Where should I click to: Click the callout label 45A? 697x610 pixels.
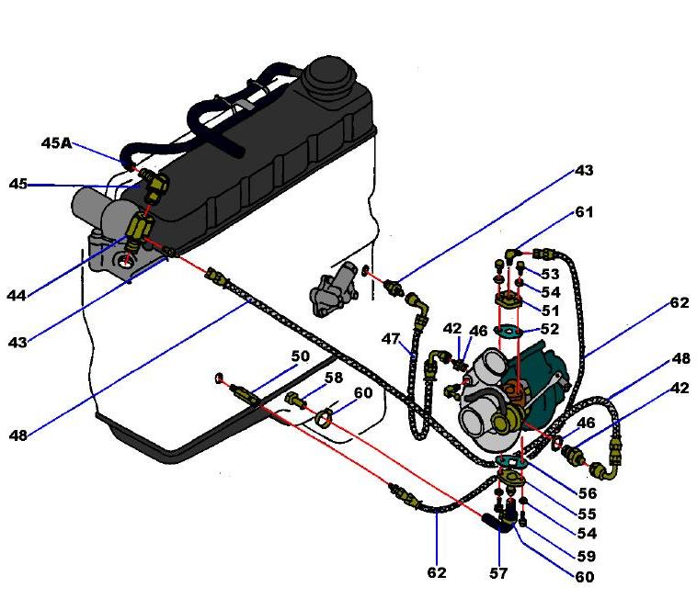[x=56, y=142]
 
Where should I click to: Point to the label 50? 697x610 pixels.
[x=301, y=356]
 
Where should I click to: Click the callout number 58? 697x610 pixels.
[x=333, y=378]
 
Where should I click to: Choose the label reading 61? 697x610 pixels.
[x=585, y=212]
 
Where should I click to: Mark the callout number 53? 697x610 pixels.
[x=551, y=274]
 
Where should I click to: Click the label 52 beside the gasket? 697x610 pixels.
[x=551, y=328]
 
